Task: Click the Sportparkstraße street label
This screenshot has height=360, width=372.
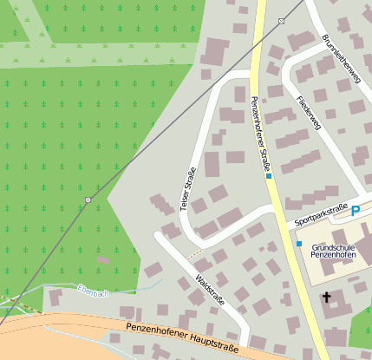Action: click(x=321, y=214)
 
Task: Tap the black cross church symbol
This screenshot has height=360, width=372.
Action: click(x=327, y=298)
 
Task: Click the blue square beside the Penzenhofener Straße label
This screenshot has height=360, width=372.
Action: click(x=270, y=176)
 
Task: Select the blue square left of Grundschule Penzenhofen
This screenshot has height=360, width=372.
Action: click(x=299, y=244)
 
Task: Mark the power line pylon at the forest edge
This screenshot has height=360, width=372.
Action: click(x=88, y=200)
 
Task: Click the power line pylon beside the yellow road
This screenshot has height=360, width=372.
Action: click(x=281, y=20)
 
